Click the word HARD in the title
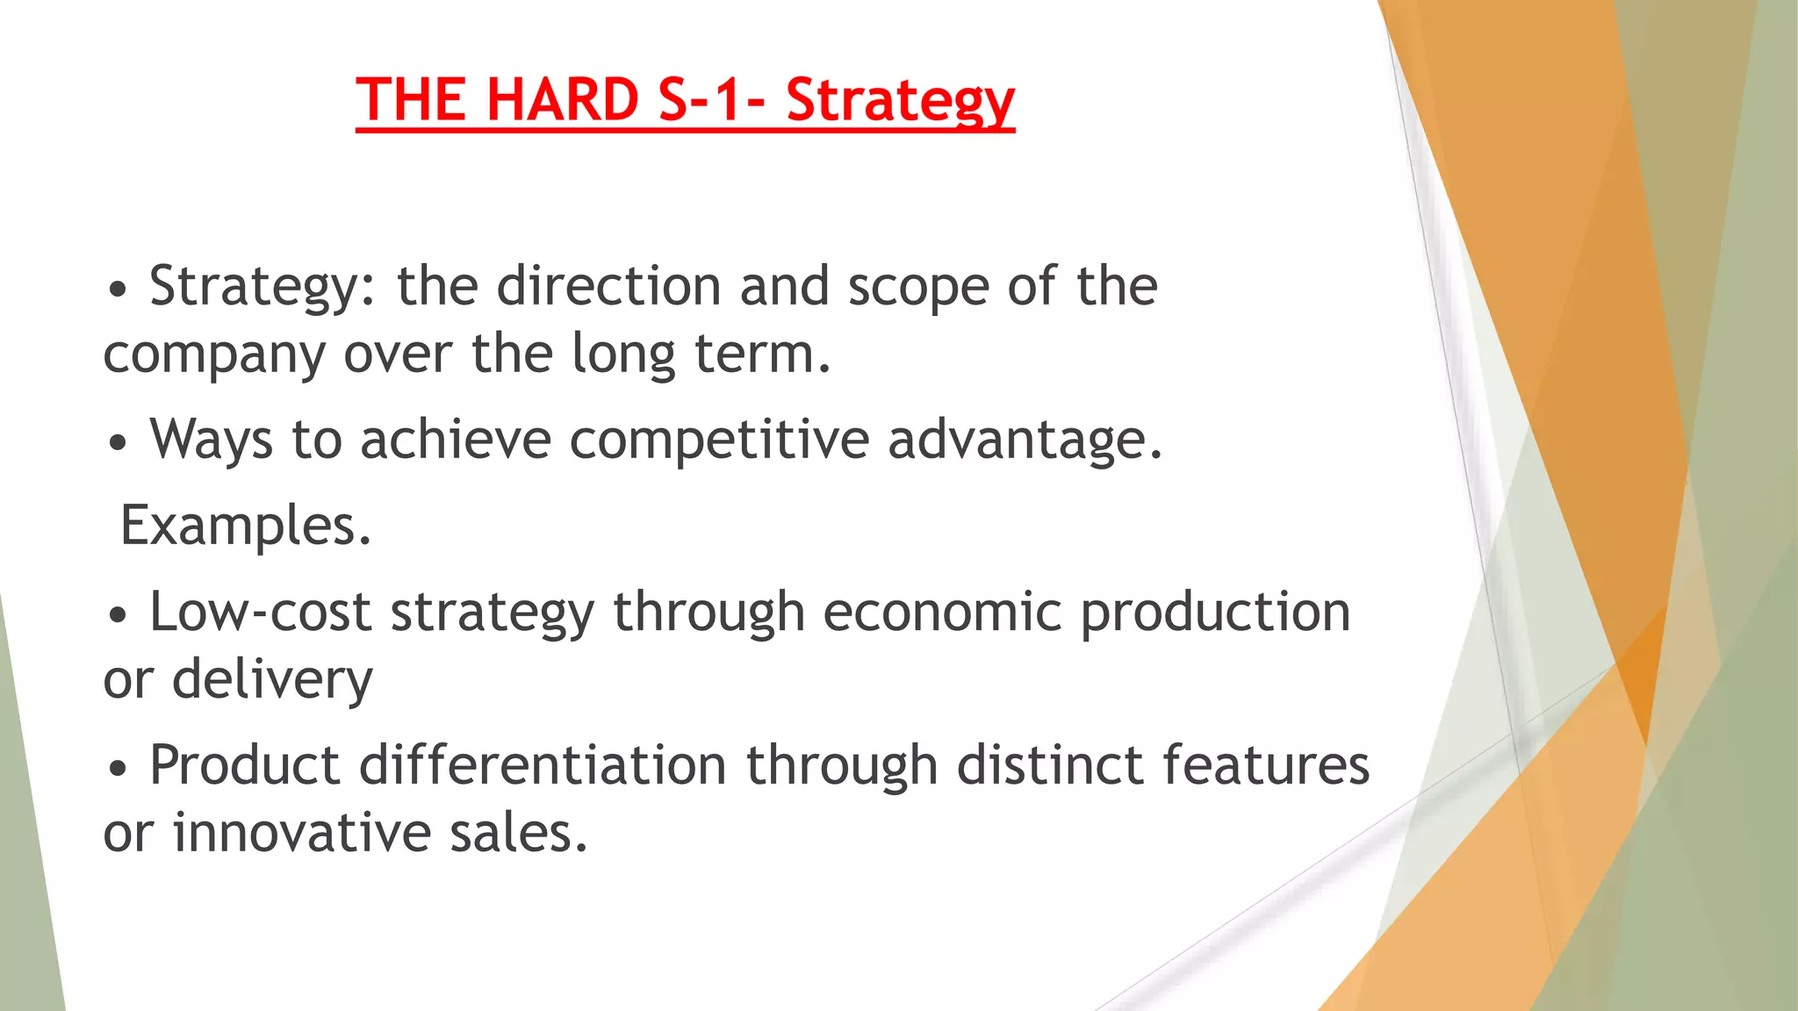click(x=562, y=99)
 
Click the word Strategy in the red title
click(x=900, y=101)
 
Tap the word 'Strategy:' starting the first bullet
click(x=263, y=287)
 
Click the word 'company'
click(x=213, y=355)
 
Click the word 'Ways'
click(x=211, y=439)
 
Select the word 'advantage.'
click(x=1025, y=439)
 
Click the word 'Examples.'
click(x=246, y=526)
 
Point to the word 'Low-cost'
click(x=260, y=612)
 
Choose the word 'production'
click(x=1215, y=612)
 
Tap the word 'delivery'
click(x=272, y=680)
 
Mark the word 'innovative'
click(x=301, y=832)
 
